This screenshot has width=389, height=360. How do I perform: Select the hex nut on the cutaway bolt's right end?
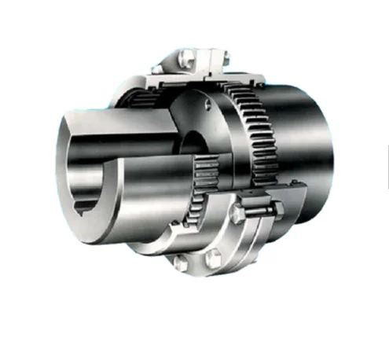pyautogui.click(x=279, y=208)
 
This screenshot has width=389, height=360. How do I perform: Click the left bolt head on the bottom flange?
pyautogui.click(x=180, y=263)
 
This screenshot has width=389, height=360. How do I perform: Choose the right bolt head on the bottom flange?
pyautogui.click(x=214, y=258)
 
